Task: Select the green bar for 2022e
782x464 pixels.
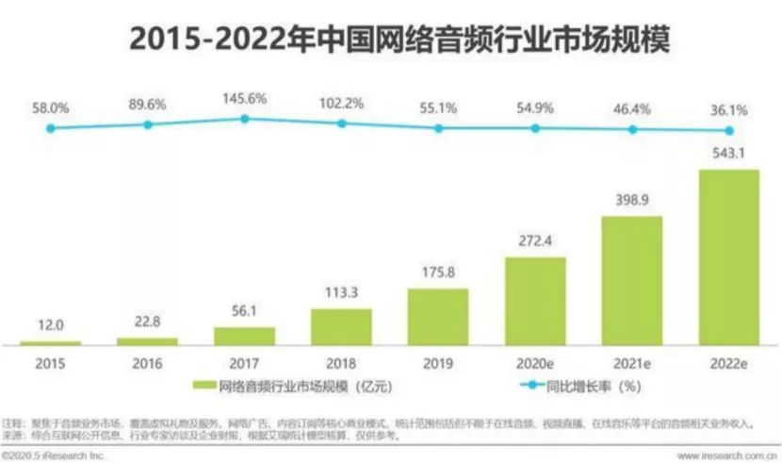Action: pyautogui.click(x=728, y=257)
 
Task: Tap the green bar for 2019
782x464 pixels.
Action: pyautogui.click(x=438, y=316)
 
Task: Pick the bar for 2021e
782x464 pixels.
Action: pyautogui.click(x=632, y=280)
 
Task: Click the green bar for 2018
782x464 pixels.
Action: pyautogui.click(x=341, y=325)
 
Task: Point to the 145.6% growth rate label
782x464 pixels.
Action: pyautogui.click(x=244, y=97)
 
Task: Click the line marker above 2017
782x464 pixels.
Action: pyautogui.click(x=244, y=119)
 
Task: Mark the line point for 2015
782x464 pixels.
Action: pyautogui.click(x=51, y=127)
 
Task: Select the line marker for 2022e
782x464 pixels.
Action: pyautogui.click(x=728, y=131)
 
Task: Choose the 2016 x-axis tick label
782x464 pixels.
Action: pyautogui.click(x=148, y=362)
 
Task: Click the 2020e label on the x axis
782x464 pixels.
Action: pyautogui.click(x=535, y=362)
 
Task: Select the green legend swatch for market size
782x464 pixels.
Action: pyautogui.click(x=204, y=386)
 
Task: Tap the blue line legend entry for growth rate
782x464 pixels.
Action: pyautogui.click(x=515, y=386)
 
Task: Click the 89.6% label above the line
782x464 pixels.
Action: pyautogui.click(x=148, y=104)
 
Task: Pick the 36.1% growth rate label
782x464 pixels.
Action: pyautogui.click(x=728, y=109)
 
